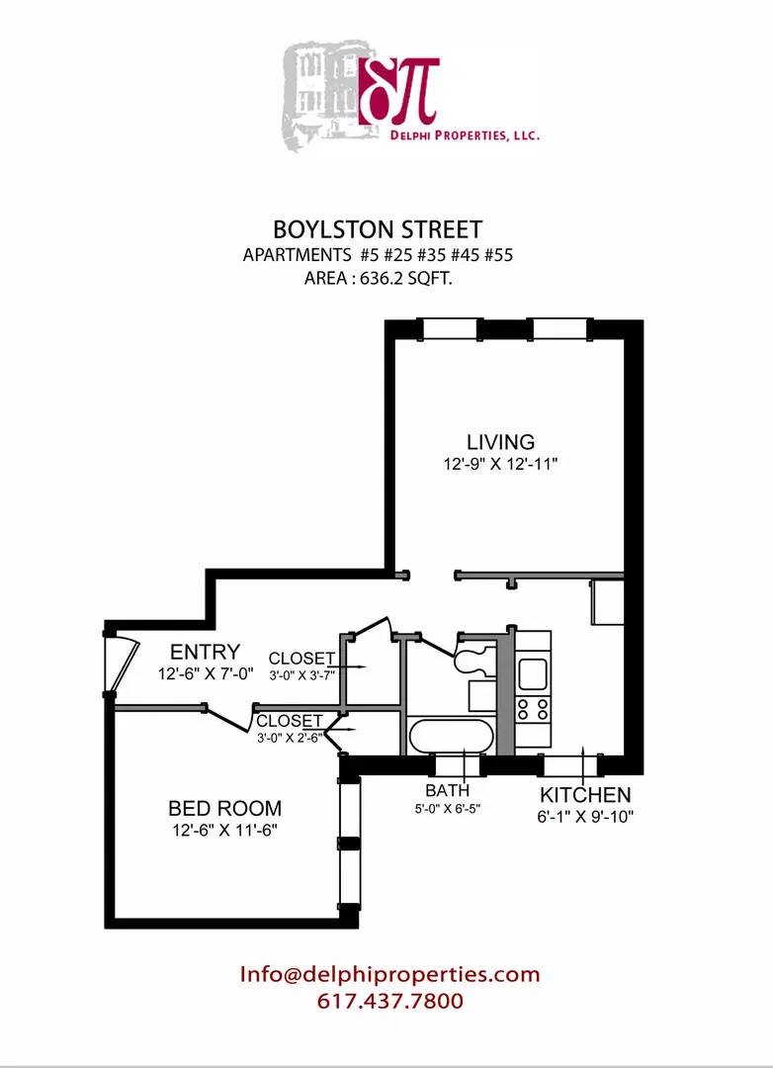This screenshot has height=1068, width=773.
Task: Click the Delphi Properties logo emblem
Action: [x=399, y=90]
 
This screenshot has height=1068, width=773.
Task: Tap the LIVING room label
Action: [x=500, y=442]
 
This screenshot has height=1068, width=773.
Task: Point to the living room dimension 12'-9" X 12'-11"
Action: [x=501, y=463]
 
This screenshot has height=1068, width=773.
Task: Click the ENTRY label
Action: [x=205, y=652]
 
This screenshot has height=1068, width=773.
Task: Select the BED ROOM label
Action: [x=224, y=808]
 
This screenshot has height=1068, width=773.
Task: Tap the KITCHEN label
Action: [x=584, y=795]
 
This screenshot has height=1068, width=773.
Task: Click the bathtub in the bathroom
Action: [x=450, y=737]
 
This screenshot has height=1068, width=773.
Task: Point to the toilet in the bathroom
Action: [x=472, y=652]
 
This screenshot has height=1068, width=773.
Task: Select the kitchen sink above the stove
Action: [x=533, y=673]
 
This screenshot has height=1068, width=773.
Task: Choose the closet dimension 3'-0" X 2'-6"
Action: [x=289, y=737]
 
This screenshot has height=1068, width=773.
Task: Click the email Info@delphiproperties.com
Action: [x=389, y=974]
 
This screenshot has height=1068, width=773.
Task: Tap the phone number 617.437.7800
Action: [x=389, y=1001]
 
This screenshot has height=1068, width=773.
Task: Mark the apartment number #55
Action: [x=494, y=255]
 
